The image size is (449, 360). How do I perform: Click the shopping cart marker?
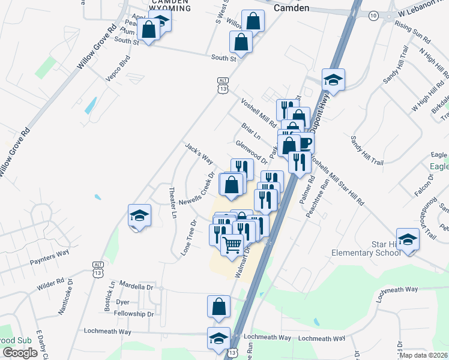coord(232,245)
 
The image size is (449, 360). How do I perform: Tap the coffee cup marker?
coord(304,143)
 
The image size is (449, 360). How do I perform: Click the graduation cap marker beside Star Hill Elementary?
coord(408,240)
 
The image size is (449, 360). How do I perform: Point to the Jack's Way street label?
coord(199,154)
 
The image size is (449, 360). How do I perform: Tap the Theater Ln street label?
coord(173,202)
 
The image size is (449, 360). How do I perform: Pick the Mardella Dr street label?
coord(136,286)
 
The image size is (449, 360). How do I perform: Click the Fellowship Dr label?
coord(134,314)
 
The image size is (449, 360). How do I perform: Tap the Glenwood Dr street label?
coord(252,152)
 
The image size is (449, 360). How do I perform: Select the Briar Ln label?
coord(251,131)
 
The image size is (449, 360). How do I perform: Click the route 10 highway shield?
coord(373,16)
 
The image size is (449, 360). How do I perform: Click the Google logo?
coord(20,352)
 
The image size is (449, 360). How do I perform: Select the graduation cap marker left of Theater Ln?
coord(139,216)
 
